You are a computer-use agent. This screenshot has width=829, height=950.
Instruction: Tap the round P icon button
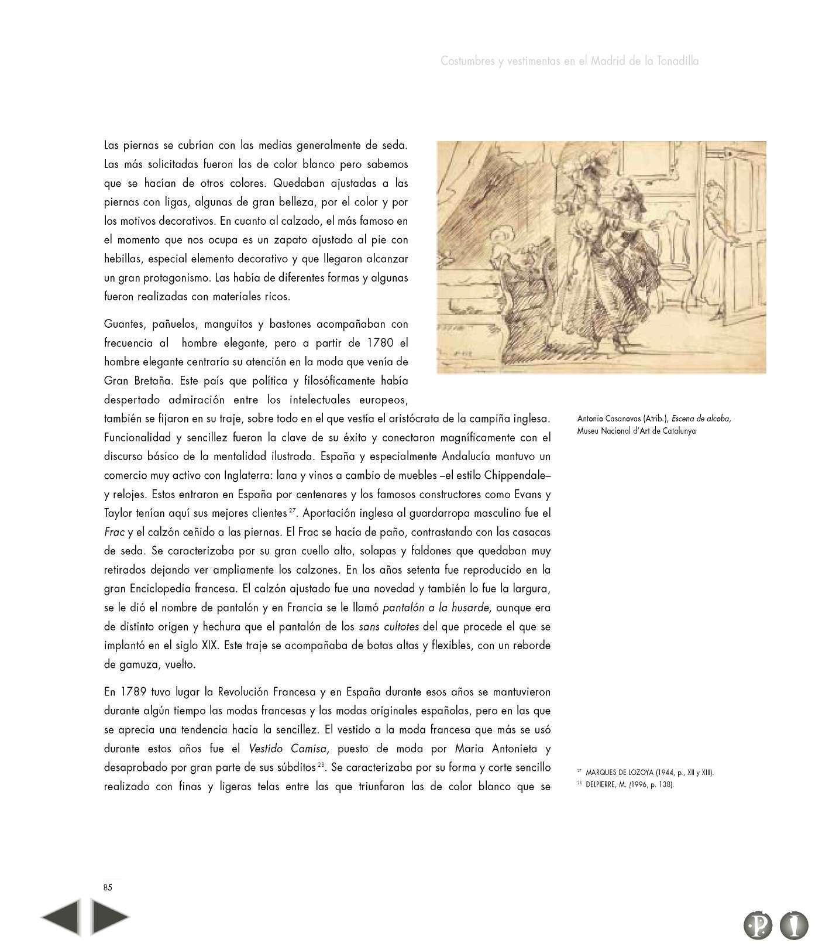click(758, 925)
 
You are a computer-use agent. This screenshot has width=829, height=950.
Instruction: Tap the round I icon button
click(794, 925)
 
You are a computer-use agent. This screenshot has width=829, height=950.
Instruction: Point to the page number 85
click(108, 887)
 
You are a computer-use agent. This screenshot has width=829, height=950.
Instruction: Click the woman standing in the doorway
click(718, 234)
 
